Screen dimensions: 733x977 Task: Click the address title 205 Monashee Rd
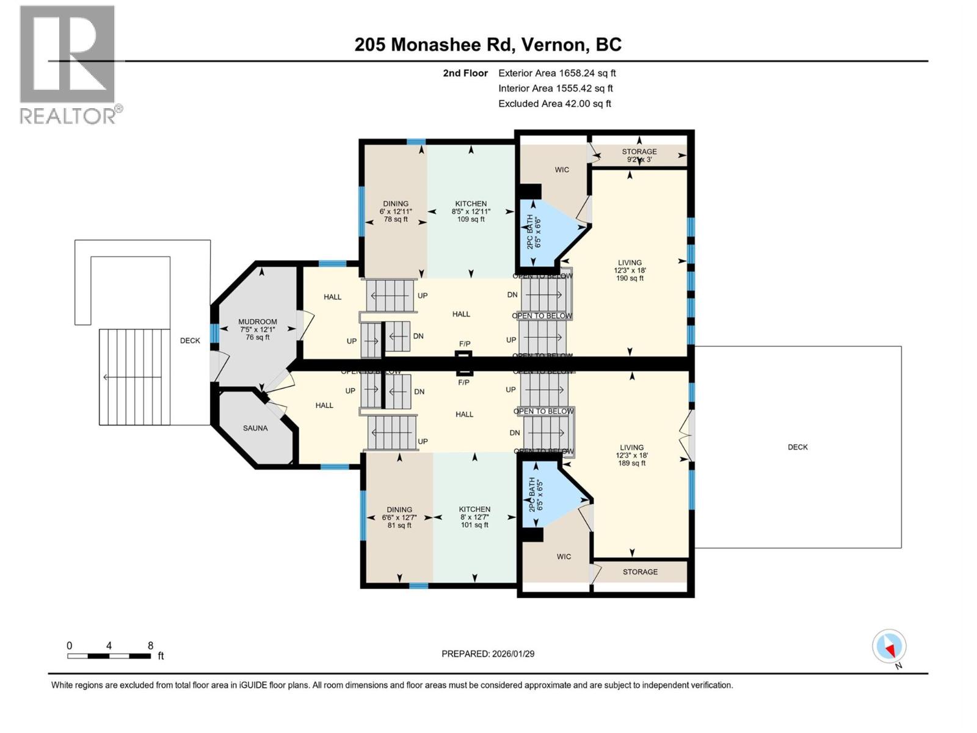coord(488,45)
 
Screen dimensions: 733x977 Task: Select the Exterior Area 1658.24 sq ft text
coord(557,73)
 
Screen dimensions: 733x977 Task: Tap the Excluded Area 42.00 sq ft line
coord(554,104)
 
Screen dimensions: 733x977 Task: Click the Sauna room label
coord(255,428)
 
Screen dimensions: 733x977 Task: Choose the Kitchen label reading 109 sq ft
coord(471,211)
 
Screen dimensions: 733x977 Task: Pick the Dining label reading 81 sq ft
coord(399,517)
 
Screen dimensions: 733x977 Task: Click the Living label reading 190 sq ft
coord(630,270)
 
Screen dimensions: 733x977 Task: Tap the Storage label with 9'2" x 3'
coord(639,155)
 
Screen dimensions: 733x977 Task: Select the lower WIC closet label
coord(564,556)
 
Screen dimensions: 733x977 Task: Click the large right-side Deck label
coord(797,447)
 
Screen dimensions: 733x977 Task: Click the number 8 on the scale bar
coord(150,646)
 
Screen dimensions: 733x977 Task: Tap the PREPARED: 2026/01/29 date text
coord(488,654)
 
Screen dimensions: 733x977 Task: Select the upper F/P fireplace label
coord(465,344)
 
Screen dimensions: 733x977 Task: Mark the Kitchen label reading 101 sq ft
coord(474,517)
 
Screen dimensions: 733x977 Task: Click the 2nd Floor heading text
coord(465,73)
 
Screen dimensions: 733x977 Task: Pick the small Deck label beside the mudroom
coord(190,341)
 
